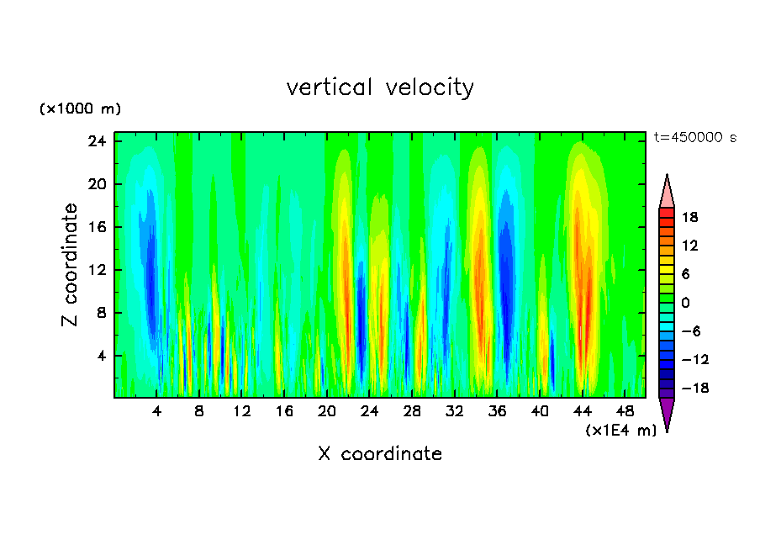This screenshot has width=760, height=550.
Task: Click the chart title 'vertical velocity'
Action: pyautogui.click(x=380, y=87)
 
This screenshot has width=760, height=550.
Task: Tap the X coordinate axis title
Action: pyautogui.click(x=380, y=454)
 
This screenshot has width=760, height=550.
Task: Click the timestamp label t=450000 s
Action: pyautogui.click(x=694, y=138)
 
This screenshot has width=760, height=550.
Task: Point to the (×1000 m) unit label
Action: pyautogui.click(x=81, y=109)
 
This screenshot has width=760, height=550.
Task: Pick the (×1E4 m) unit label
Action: pyautogui.click(x=620, y=431)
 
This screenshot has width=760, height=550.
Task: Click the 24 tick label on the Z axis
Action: pyautogui.click(x=98, y=141)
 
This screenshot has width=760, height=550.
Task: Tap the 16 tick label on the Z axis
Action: pyautogui.click(x=98, y=227)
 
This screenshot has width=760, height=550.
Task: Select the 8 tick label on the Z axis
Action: pyautogui.click(x=101, y=313)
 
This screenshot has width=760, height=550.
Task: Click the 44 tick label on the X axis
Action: pyautogui.click(x=583, y=412)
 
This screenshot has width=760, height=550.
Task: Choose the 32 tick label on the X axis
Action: pyautogui.click(x=455, y=412)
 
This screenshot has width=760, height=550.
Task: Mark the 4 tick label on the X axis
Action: pyautogui.click(x=157, y=412)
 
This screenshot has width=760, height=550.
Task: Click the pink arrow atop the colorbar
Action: pyautogui.click(x=667, y=192)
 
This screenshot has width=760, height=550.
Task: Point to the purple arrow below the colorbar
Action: pyautogui.click(x=667, y=413)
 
